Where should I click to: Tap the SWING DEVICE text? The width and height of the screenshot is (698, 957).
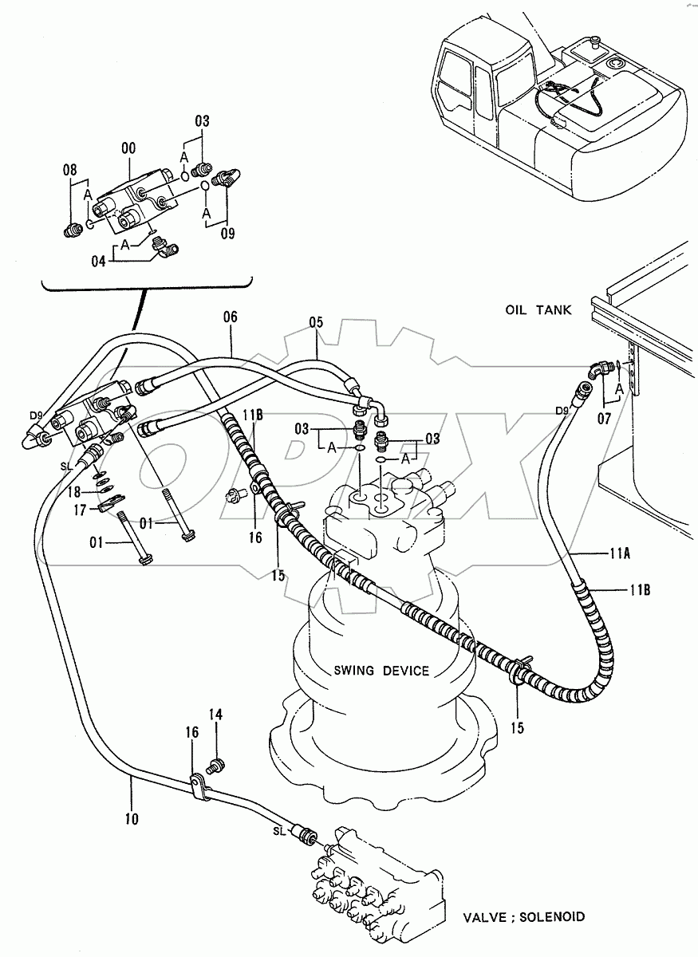(x=382, y=671)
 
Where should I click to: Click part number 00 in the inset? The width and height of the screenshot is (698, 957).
(x=128, y=148)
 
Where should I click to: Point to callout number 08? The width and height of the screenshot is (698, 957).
(x=70, y=169)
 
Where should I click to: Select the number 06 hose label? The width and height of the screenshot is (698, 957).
(x=230, y=317)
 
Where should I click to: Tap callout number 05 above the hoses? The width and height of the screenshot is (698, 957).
(x=317, y=324)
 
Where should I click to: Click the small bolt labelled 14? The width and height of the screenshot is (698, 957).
(x=213, y=766)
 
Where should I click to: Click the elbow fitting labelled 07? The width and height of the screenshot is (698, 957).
(x=599, y=370)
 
